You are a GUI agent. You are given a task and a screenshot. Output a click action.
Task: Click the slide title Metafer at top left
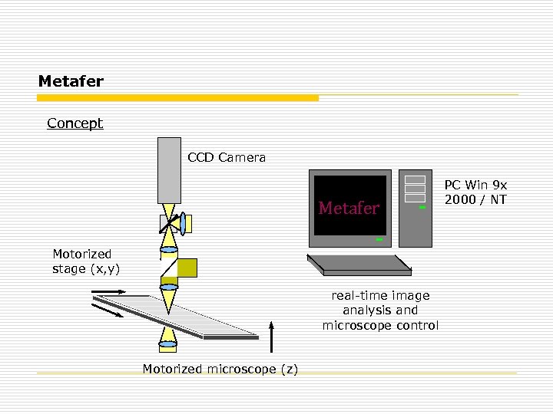click(71, 80)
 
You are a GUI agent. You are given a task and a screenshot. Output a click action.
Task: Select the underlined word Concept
click(75, 123)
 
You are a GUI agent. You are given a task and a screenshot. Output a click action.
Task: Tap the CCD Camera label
click(227, 158)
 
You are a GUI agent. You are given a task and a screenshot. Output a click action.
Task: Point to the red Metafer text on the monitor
click(349, 209)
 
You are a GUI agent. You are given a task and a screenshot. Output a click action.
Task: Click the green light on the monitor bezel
click(379, 240)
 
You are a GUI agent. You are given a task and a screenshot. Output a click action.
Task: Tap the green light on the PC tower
click(422, 207)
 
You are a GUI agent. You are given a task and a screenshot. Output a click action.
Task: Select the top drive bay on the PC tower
click(415, 180)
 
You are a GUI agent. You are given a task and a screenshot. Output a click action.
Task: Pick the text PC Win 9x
click(476, 185)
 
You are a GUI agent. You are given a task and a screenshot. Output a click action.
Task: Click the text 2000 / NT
click(476, 199)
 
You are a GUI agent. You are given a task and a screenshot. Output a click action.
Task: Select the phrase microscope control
click(380, 326)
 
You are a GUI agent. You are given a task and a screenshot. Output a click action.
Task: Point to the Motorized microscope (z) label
click(220, 370)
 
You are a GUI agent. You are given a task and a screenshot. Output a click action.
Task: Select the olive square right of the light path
click(187, 268)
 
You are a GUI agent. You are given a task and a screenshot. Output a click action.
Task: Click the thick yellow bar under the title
click(178, 98)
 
